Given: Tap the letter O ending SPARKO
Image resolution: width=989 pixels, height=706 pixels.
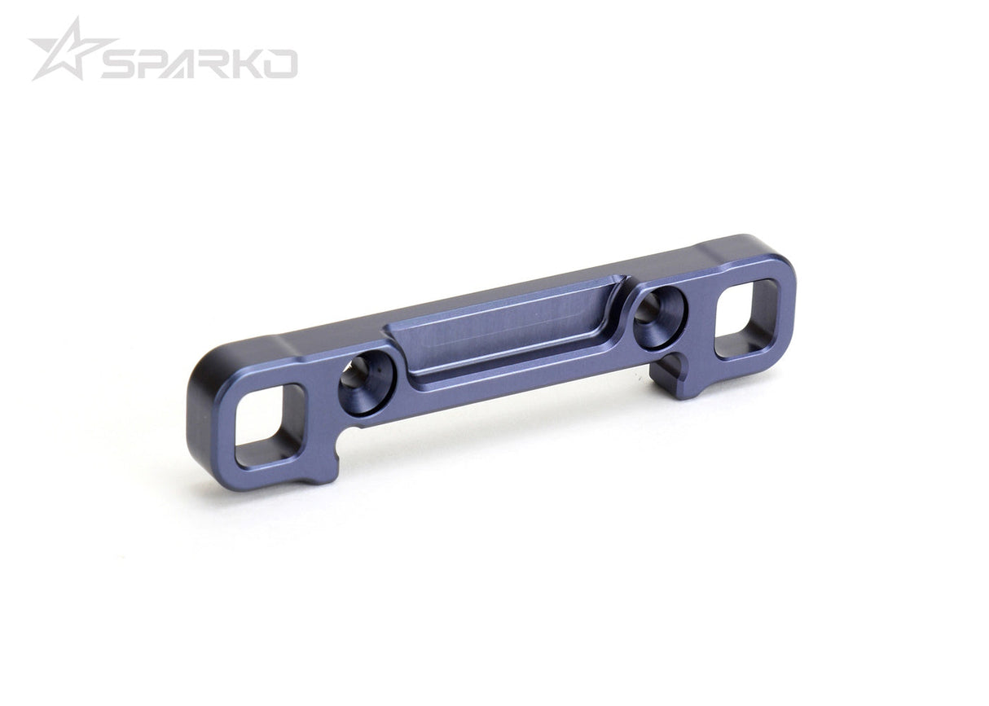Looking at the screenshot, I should click(x=282, y=64).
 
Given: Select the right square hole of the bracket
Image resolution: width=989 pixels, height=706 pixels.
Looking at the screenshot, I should click(x=746, y=318).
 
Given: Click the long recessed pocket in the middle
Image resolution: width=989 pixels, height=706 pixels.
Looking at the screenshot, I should click(x=505, y=330).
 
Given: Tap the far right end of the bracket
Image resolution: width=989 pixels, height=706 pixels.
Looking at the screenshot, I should click(x=787, y=301).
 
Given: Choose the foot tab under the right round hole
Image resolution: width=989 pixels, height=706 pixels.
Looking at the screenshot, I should click(x=670, y=381).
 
